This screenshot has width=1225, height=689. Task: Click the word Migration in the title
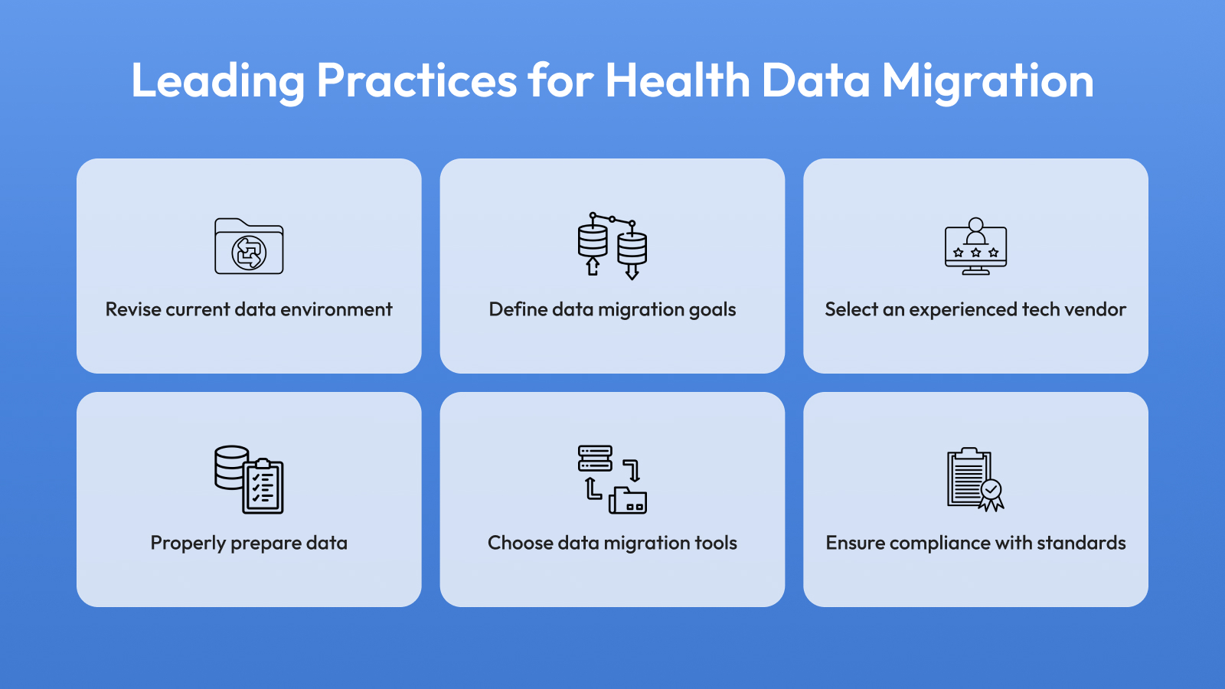pos(988,81)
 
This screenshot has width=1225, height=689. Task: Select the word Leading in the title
pos(217,81)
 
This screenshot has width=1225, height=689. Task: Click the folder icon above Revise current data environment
pos(249,246)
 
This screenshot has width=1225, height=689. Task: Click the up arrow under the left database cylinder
pos(593,266)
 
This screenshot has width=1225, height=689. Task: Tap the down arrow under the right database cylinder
pos(632,271)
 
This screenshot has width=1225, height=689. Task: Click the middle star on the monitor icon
pos(975,253)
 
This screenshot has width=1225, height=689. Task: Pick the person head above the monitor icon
pos(975,225)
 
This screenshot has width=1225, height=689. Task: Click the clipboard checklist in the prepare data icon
pos(263,486)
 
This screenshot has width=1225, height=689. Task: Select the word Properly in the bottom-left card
pos(188,544)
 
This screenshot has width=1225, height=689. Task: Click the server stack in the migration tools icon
pos(595,459)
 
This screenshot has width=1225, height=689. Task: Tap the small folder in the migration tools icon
pos(628,501)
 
